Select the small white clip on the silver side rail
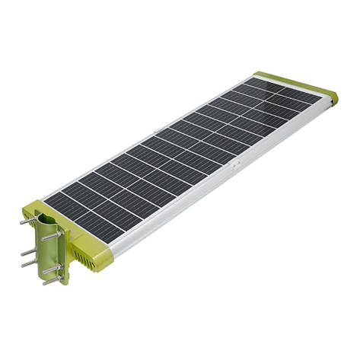click(237, 163)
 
